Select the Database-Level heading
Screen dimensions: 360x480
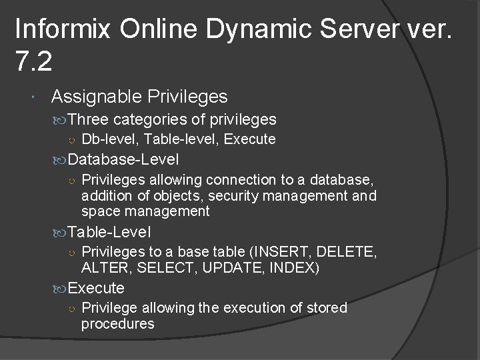123,159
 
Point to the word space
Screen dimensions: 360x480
98,211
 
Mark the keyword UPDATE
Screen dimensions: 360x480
223,268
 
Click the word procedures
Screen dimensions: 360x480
117,324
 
